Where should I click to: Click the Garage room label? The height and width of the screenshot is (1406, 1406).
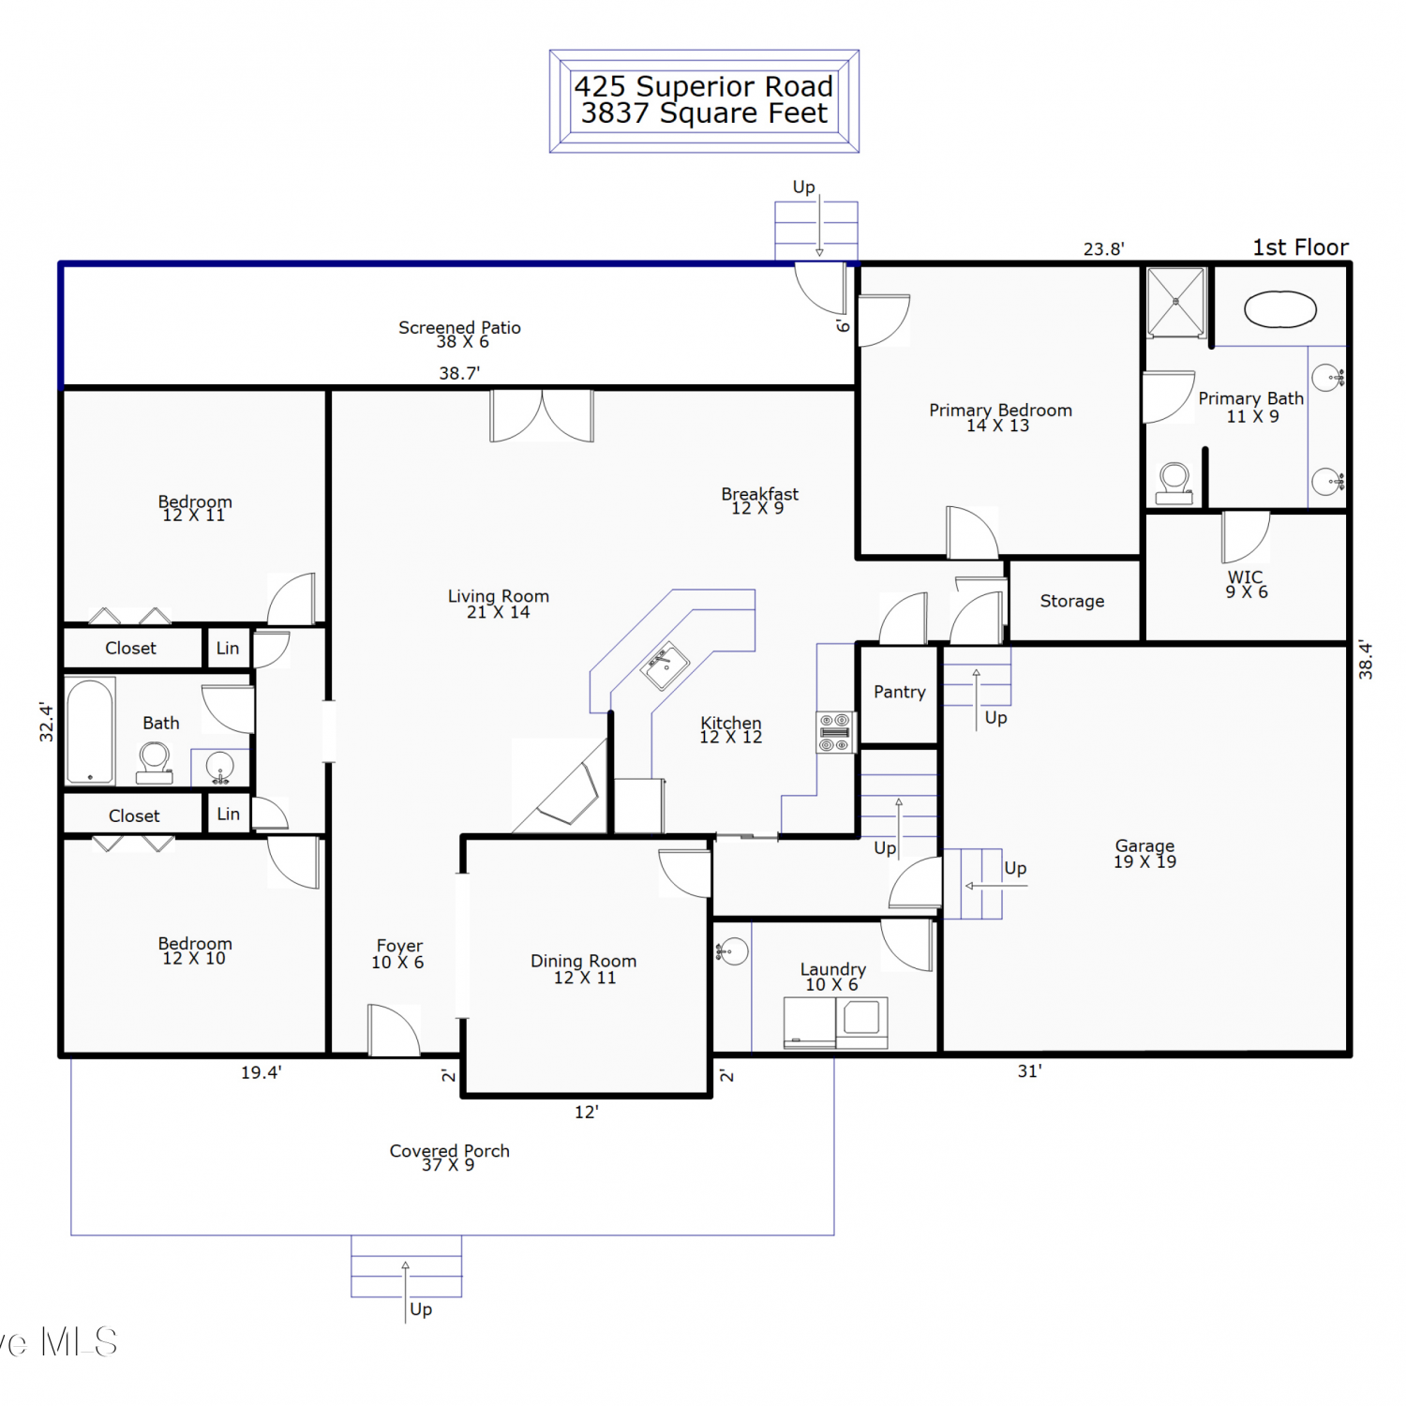coord(1144,853)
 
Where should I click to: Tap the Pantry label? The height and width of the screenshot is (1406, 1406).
coord(900,692)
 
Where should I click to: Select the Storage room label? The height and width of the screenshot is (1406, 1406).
coord(1072,601)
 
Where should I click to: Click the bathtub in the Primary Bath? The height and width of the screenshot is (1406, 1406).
coord(1280,309)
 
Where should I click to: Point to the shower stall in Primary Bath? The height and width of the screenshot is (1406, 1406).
coord(1176,302)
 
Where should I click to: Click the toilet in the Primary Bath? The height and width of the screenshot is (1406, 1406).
coord(1174,484)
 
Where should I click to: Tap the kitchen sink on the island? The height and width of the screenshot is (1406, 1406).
coord(666,666)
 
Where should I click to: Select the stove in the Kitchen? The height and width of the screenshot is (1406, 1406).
coord(835,732)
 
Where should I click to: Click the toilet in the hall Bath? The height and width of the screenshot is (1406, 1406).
coord(155,762)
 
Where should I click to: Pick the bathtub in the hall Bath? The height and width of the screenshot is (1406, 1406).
coord(90,731)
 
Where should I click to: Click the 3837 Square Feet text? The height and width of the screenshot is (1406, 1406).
coord(705,113)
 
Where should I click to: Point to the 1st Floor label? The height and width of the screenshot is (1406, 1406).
coord(1301,247)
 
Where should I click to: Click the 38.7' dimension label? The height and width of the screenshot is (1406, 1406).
coord(459,373)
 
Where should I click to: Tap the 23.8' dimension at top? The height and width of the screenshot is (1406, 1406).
coord(1104,249)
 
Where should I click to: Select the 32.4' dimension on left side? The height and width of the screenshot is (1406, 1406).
coord(47,722)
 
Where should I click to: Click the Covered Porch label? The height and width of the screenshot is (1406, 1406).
coord(450,1157)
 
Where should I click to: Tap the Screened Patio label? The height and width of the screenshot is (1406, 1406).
coord(459,334)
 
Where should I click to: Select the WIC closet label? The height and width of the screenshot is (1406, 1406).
coord(1246,584)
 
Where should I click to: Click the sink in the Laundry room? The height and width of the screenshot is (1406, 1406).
coord(733,951)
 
